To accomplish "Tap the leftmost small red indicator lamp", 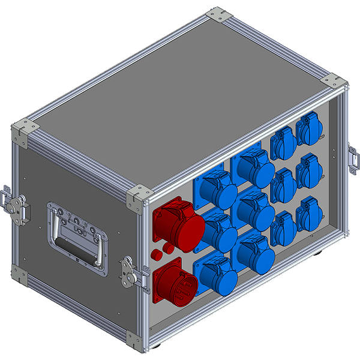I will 157,254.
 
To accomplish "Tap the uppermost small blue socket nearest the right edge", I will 307,130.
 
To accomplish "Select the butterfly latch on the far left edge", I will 14,204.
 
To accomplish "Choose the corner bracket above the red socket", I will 140,196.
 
